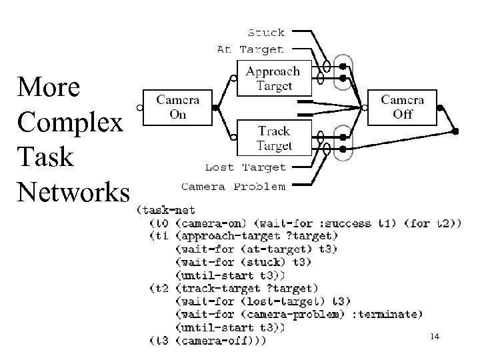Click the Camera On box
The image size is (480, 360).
(178, 107)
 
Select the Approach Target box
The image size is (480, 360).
(273, 78)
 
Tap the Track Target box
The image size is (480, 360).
(273, 138)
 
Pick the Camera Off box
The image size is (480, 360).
(407, 107)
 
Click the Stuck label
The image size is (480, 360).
(266, 32)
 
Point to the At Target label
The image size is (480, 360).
(250, 49)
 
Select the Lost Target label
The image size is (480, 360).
(245, 167)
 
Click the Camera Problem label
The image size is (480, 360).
(233, 186)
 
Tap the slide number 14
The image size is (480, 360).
(435, 338)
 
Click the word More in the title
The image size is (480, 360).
(49, 87)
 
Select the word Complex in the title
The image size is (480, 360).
(71, 123)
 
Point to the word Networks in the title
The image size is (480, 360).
(74, 192)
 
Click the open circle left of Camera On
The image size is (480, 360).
(139, 107)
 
